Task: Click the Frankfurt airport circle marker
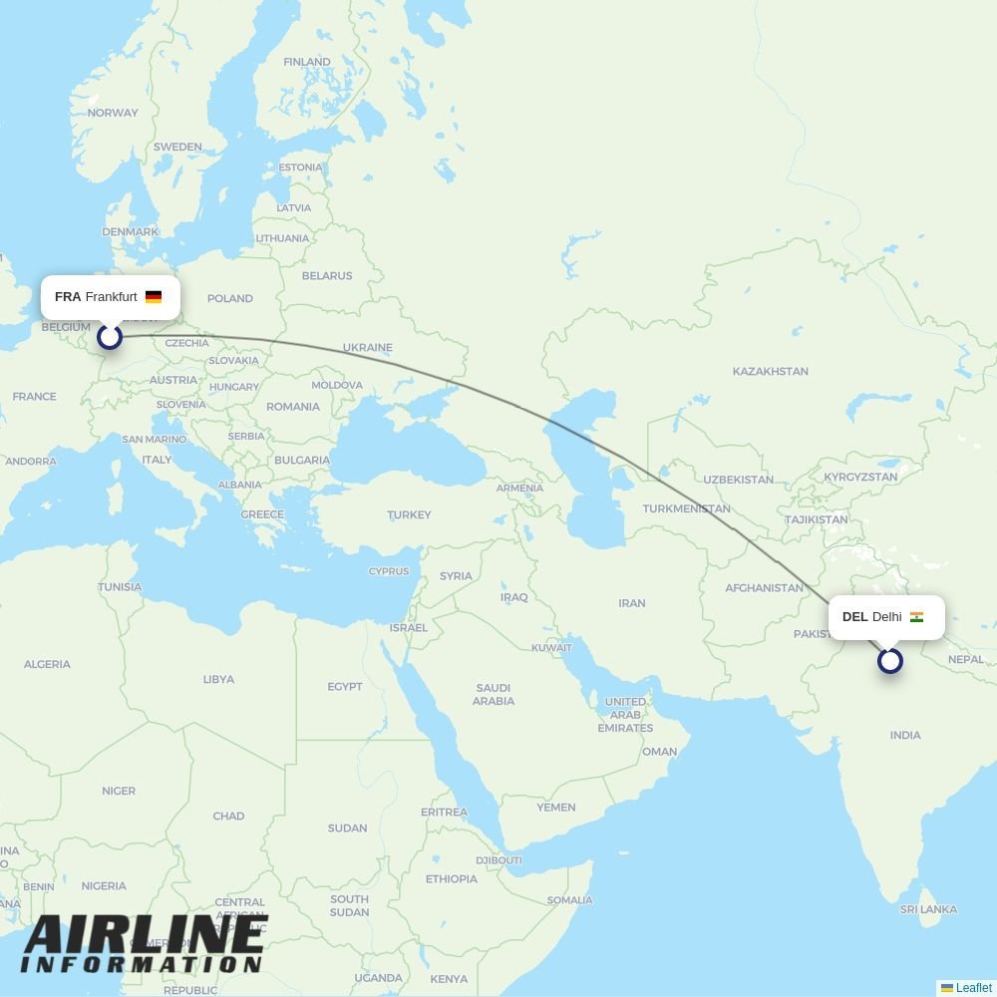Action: [x=110, y=336]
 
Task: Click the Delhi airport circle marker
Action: [x=890, y=660]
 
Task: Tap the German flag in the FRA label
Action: [x=154, y=297]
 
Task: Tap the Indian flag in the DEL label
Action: [x=916, y=617]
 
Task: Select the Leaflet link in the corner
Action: [x=973, y=988]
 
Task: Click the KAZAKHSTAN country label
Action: [x=770, y=371]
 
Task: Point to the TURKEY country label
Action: [x=409, y=514]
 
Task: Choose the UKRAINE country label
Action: [x=368, y=348]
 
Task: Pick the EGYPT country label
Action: [x=345, y=686]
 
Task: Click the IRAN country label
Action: [x=632, y=603]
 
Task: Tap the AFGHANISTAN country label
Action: [x=764, y=588]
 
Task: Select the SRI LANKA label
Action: [x=928, y=909]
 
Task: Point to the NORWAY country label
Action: [x=113, y=113]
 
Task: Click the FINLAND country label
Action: [x=307, y=62]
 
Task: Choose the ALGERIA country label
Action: [x=47, y=664]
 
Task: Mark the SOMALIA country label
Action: [x=569, y=900]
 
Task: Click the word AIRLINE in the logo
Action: [x=146, y=934]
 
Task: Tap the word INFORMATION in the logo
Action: [x=142, y=965]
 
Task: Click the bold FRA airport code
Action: [x=68, y=297]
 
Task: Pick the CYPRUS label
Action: [x=389, y=571]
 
